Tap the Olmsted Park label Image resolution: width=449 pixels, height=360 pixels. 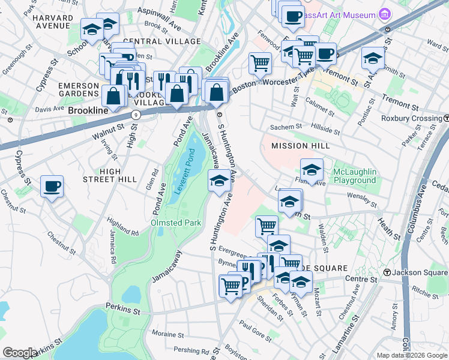tap(175, 222)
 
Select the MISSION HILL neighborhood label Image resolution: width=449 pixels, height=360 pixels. tap(300, 146)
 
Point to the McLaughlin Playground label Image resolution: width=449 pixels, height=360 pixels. tap(355, 176)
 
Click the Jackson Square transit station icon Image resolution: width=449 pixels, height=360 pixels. tap(388, 272)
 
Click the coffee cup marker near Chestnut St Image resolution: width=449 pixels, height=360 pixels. tap(52, 187)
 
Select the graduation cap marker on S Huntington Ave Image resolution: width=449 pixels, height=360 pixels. tap(220, 181)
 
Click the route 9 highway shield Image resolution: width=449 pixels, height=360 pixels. tap(136, 114)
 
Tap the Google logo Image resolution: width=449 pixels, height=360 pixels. tap(20, 352)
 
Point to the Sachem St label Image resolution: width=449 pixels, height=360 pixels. tap(285, 127)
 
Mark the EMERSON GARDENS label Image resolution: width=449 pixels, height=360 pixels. tap(78, 90)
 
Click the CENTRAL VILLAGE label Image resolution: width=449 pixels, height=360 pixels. tap(161, 41)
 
